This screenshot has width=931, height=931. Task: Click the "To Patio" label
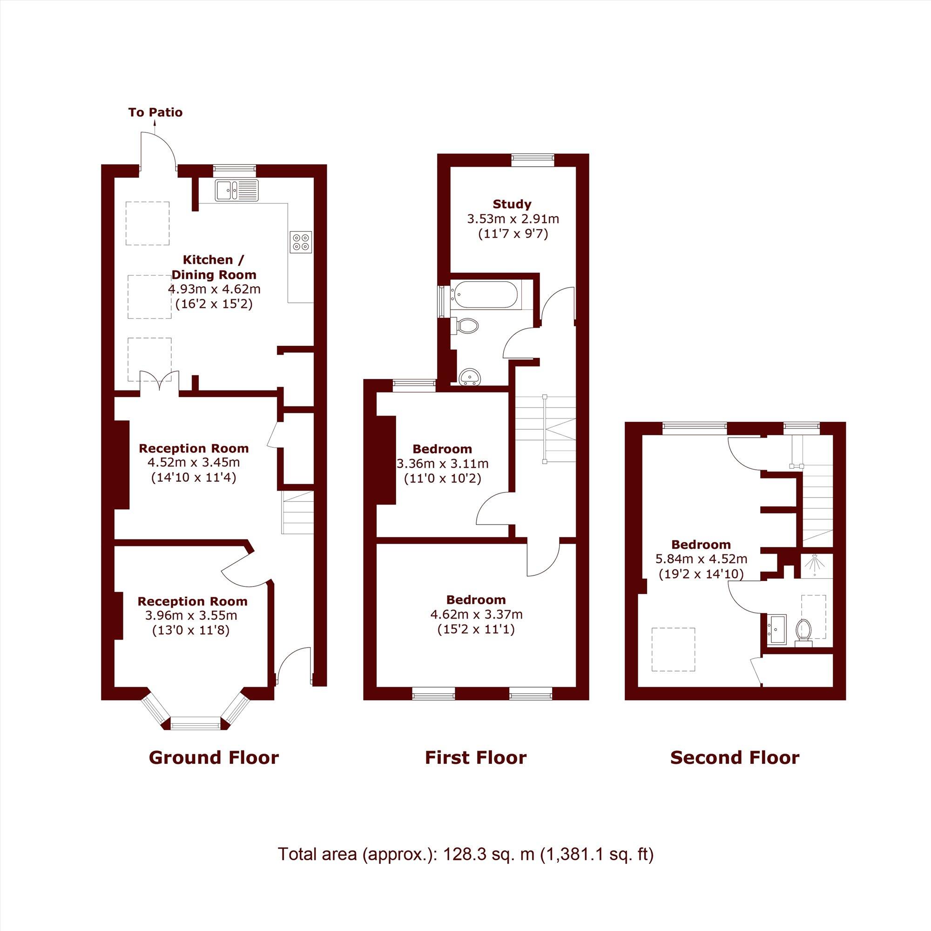pos(155,113)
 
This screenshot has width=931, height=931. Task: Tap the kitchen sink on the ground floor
pos(236,189)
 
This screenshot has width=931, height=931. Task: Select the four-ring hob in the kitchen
pos(301,242)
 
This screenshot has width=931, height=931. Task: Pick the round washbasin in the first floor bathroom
pos(469,376)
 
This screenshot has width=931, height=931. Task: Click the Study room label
pos(512,204)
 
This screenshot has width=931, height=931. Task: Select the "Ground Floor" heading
pos(214,758)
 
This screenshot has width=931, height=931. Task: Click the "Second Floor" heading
pos(735,758)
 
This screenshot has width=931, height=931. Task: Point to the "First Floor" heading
pos(476,758)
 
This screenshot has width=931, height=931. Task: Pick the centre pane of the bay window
pos(196,723)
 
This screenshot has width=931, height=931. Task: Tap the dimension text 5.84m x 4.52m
pos(701,559)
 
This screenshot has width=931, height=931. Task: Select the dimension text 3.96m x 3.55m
pos(191,615)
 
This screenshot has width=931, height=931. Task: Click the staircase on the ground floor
pos(297,512)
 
